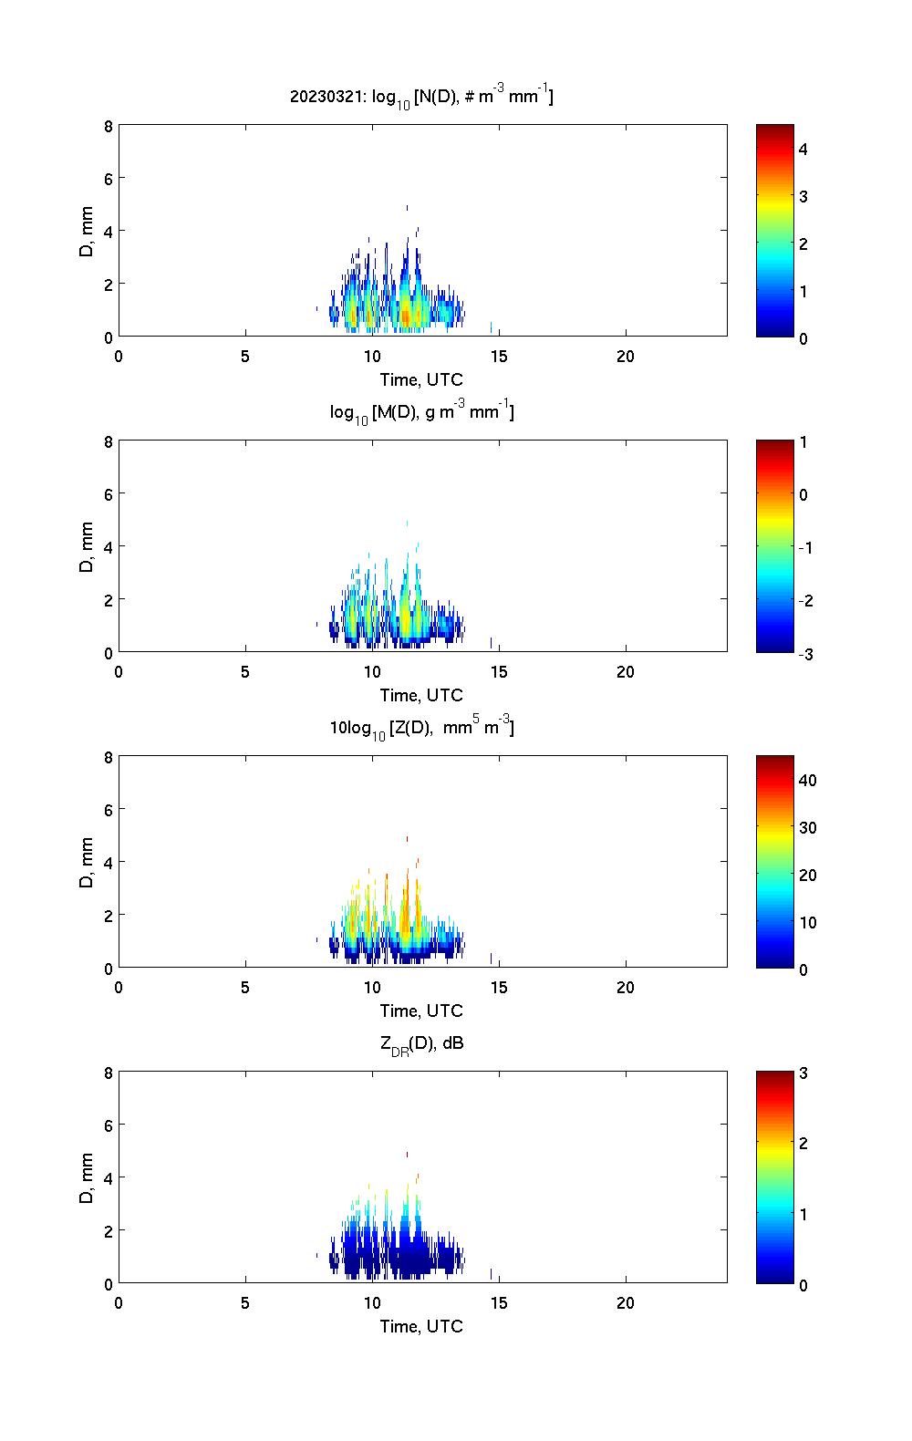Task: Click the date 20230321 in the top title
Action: pos(315,96)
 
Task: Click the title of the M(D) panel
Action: pos(421,412)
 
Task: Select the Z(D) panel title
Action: pos(421,728)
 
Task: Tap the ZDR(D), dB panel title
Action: pos(421,1043)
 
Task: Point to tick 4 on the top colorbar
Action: pos(803,149)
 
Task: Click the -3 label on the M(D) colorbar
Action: pos(802,654)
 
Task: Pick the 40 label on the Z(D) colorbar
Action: pos(807,781)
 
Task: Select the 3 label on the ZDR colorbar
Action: pos(803,1073)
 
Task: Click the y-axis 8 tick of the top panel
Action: pos(109,126)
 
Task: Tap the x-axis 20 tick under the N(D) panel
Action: pos(626,357)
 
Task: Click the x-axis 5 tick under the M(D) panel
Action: pos(245,672)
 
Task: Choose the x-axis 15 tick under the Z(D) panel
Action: pos(499,988)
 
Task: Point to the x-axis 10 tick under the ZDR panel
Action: pos(372,1303)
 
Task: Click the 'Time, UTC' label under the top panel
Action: pos(421,379)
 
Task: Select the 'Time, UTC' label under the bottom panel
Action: pos(421,1326)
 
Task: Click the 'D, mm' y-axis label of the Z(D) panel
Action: pos(88,863)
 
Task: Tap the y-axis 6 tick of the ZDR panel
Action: pos(109,1125)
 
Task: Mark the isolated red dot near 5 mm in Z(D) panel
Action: pos(407,838)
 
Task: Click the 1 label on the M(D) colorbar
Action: pos(803,442)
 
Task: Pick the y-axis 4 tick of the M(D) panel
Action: pos(109,546)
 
